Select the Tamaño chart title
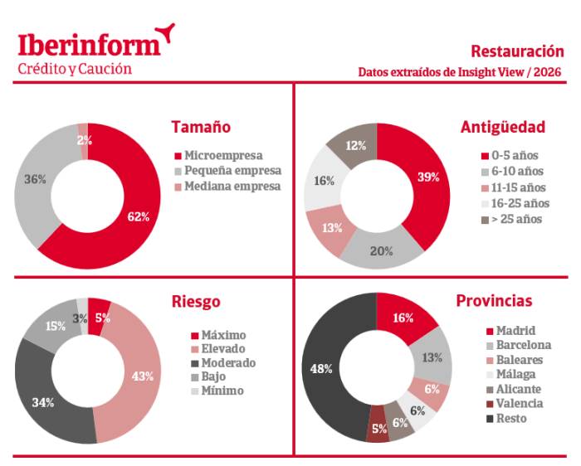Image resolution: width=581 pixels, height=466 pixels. (x=201, y=127)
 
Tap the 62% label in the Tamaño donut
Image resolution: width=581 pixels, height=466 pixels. (x=139, y=216)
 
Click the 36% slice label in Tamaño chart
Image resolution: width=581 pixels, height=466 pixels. (x=35, y=179)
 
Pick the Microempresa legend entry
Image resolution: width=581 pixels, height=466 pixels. (x=223, y=155)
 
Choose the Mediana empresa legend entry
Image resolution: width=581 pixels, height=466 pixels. (x=232, y=186)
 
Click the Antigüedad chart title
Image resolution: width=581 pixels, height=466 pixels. (x=502, y=127)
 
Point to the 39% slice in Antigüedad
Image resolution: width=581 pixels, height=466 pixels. (x=428, y=177)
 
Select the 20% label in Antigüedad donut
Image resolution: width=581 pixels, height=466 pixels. (x=381, y=251)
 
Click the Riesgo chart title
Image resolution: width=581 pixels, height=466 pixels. (x=196, y=301)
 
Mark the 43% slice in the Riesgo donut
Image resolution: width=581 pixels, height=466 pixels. (x=143, y=376)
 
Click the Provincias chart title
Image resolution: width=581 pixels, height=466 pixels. (x=494, y=301)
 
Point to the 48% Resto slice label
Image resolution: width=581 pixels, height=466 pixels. (x=321, y=368)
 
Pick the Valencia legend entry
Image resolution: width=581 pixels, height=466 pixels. (x=520, y=403)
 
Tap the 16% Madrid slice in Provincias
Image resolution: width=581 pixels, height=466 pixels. (x=403, y=318)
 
